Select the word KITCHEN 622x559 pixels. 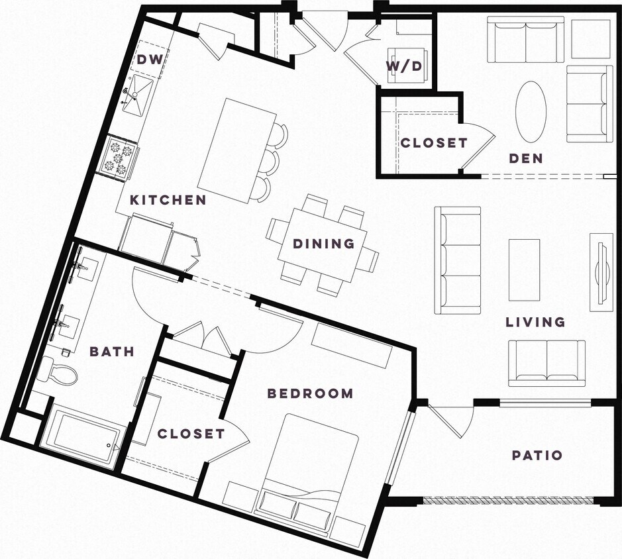tap(168, 199)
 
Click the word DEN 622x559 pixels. tap(526, 158)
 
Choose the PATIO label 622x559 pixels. tap(537, 456)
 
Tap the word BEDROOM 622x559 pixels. tap(310, 393)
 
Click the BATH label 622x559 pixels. tap(112, 351)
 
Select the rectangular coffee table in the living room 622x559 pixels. tap(524, 270)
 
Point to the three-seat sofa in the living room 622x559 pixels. tap(457, 260)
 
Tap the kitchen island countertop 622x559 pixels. tap(236, 150)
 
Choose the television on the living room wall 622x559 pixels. tap(601, 271)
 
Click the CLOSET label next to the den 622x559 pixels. tap(434, 142)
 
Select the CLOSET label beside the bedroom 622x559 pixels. tap(191, 434)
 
